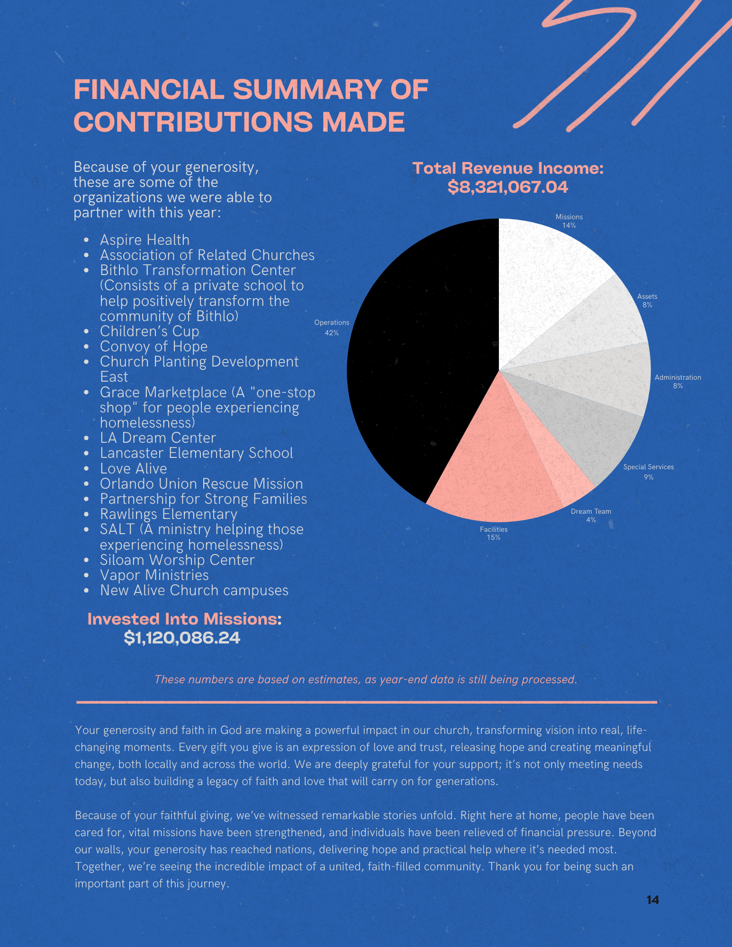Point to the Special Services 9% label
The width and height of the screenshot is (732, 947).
[x=648, y=472]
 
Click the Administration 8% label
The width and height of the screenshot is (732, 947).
[x=678, y=382]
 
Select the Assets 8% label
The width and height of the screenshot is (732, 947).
[x=647, y=301]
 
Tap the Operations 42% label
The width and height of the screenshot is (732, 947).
[x=332, y=328]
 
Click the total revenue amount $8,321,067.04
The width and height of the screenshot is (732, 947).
[x=508, y=187]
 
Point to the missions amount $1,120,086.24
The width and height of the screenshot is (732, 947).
[x=182, y=638]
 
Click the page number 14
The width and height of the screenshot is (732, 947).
[x=652, y=900]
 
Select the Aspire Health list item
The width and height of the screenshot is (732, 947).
[x=145, y=240]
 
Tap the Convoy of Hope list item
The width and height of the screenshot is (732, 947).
[x=154, y=347]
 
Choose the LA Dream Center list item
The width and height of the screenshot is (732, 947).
[x=158, y=438]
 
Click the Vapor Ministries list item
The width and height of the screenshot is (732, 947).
[x=154, y=575]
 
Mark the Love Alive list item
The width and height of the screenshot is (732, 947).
[x=133, y=469]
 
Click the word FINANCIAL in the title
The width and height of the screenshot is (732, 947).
[x=149, y=89]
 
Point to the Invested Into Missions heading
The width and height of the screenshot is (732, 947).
[x=184, y=619]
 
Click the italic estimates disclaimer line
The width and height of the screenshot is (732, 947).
[x=366, y=679]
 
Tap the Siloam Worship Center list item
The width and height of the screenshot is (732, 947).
[x=177, y=560]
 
